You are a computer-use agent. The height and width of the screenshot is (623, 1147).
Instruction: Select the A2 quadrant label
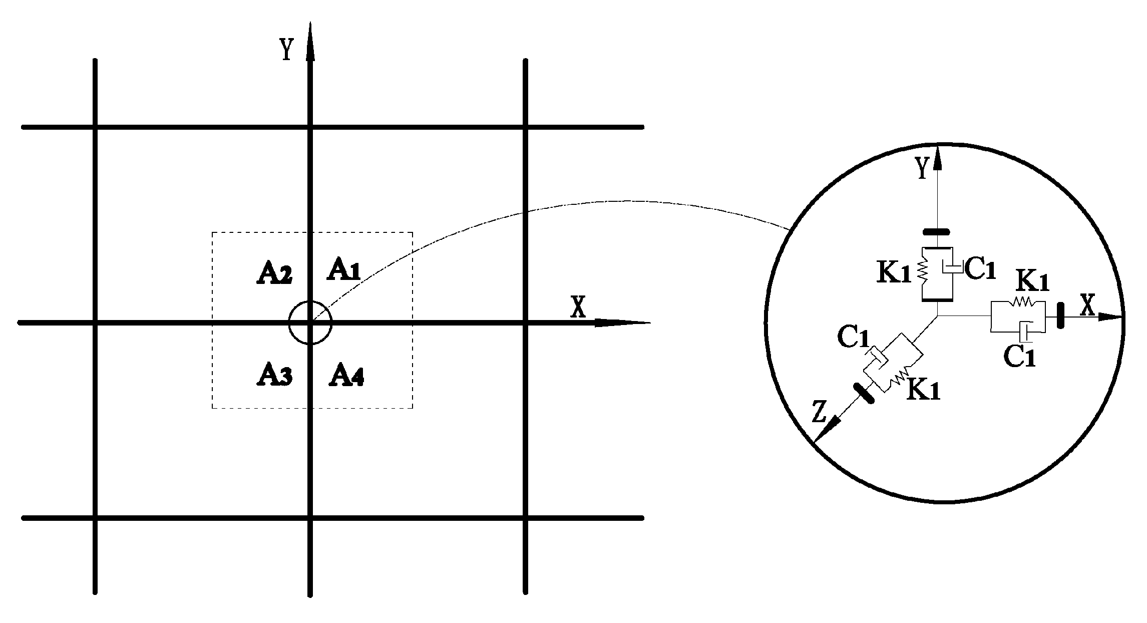coord(274,274)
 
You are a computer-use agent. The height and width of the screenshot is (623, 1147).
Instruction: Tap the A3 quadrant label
coord(274,375)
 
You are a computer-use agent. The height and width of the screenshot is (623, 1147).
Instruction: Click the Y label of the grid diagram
coord(286,50)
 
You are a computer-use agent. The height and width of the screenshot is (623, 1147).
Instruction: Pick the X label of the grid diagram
coord(578,307)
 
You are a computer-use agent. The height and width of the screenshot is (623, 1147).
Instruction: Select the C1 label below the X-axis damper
coord(1020,357)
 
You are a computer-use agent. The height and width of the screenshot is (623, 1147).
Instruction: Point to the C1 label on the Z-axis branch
coord(853,339)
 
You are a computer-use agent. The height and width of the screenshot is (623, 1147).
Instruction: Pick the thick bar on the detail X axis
coord(1060,316)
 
